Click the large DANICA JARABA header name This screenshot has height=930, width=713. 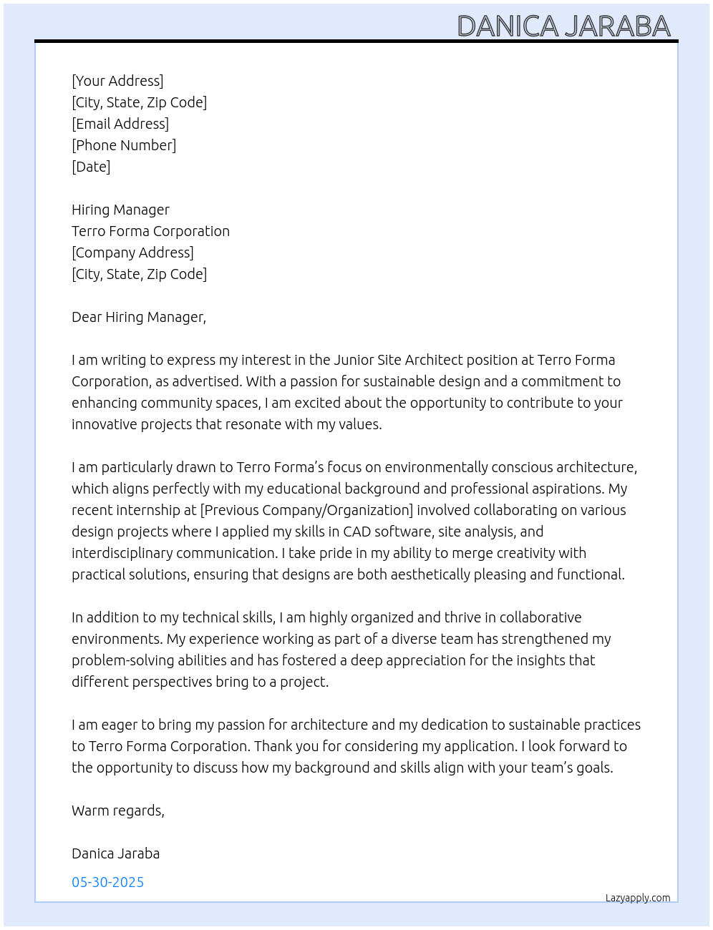[x=563, y=26]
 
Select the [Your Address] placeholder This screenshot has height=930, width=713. [x=117, y=81]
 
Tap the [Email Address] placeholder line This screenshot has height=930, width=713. [x=120, y=124]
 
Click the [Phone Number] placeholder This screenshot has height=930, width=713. [x=124, y=145]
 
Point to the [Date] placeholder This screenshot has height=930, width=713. [x=91, y=167]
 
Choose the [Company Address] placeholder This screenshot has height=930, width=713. [x=132, y=253]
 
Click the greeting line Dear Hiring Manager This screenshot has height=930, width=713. [x=138, y=317]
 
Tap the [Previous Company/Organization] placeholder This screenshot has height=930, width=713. [x=306, y=510]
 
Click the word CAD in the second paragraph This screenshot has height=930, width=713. [x=356, y=532]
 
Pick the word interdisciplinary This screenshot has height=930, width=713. [x=122, y=553]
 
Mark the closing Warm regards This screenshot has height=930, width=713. [x=117, y=811]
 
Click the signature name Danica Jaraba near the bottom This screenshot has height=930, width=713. [x=115, y=853]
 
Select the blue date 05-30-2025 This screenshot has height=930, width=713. [x=107, y=882]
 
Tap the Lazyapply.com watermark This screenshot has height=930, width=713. [x=638, y=898]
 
